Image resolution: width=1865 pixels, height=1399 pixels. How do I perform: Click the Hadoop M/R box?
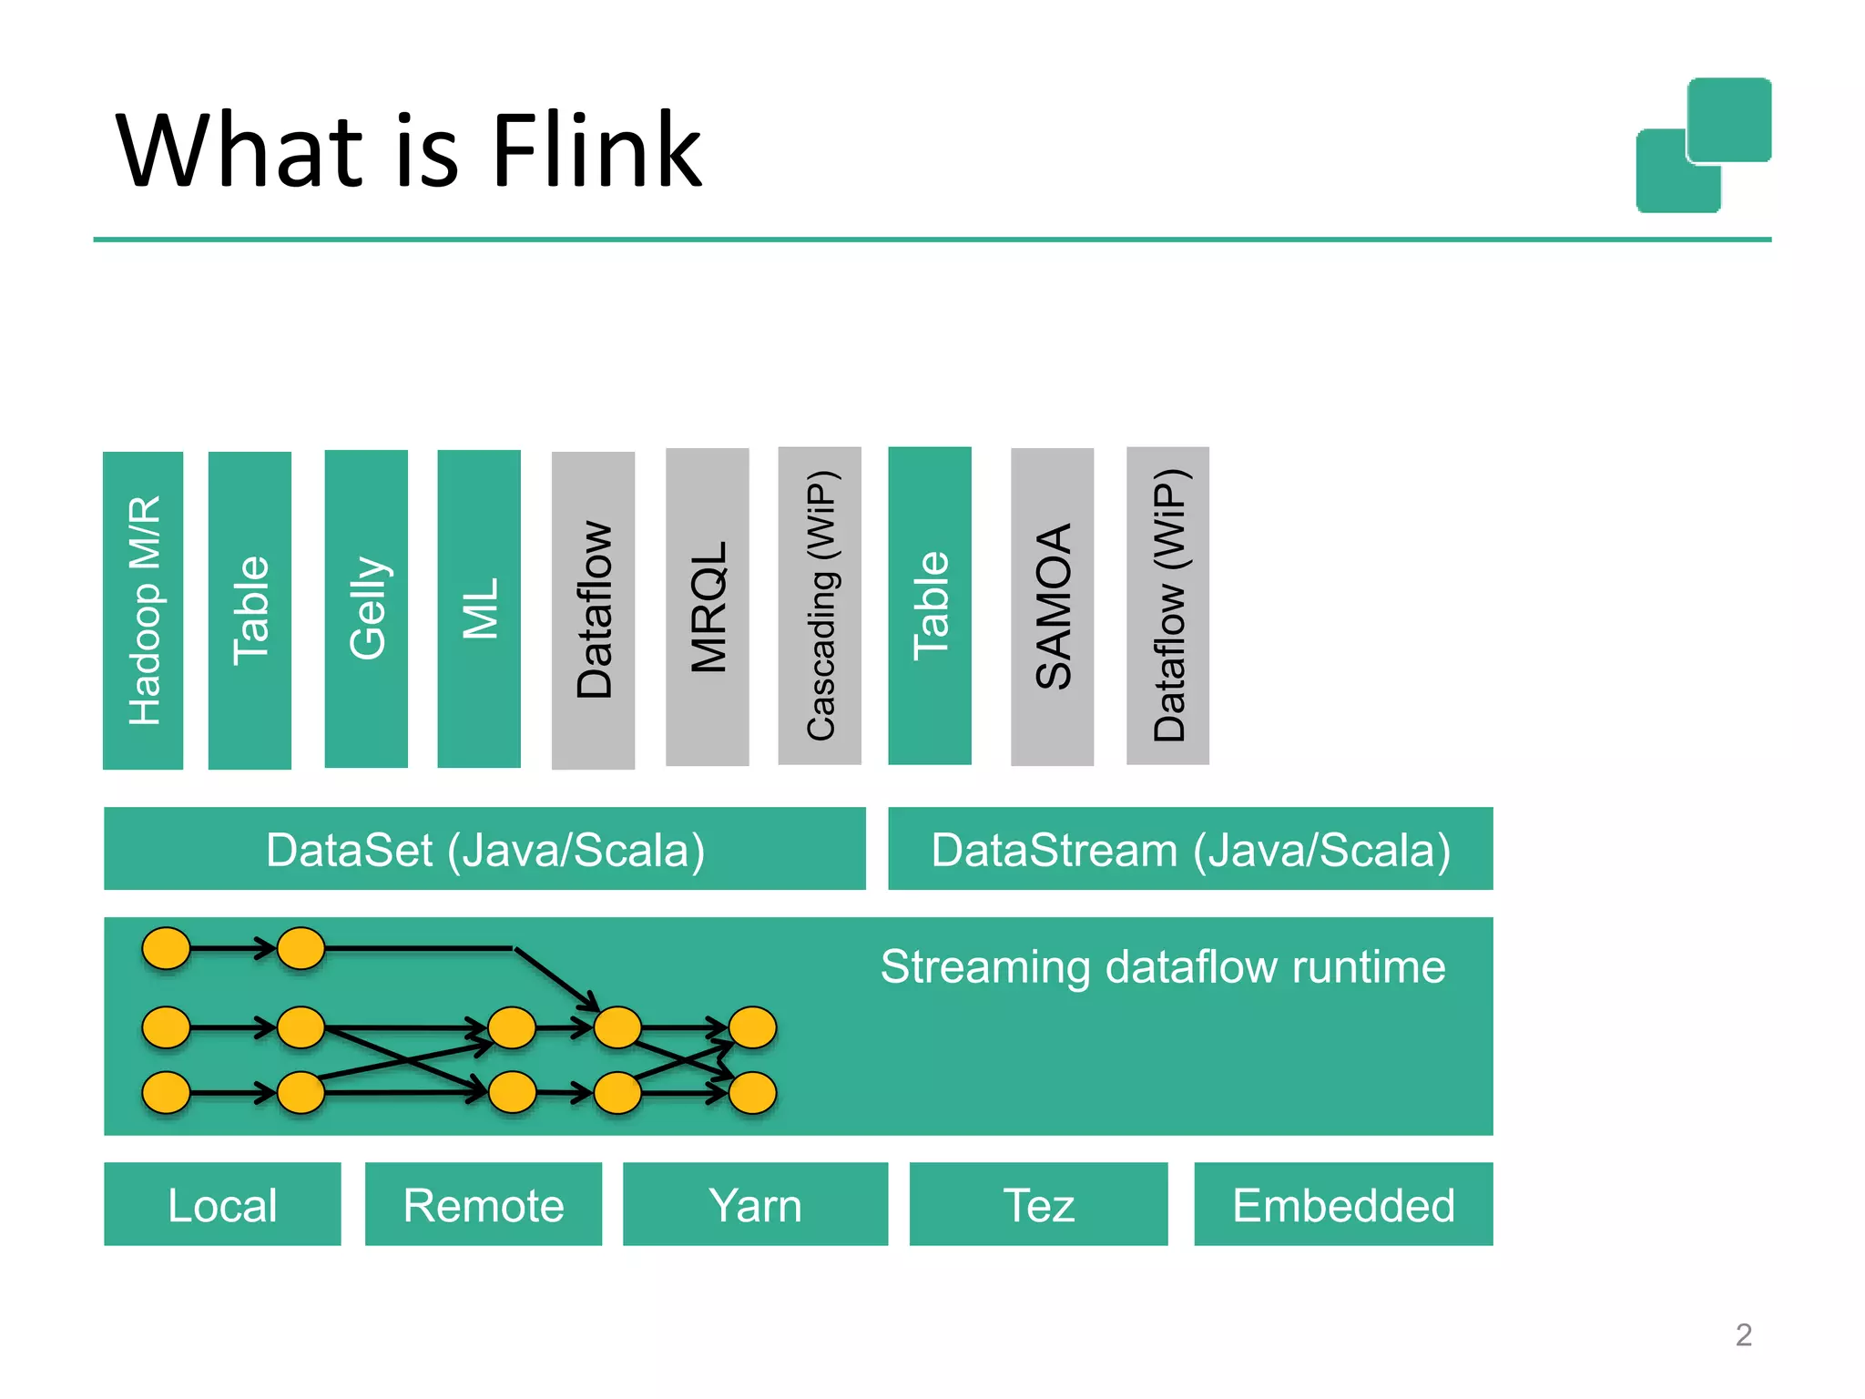143,610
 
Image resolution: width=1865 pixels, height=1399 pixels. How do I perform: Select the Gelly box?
366,609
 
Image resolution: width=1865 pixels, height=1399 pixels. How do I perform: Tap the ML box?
479,609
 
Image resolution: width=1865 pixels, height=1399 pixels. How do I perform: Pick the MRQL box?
708,608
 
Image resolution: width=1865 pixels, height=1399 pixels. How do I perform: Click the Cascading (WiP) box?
820,606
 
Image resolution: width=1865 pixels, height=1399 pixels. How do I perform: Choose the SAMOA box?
1052,608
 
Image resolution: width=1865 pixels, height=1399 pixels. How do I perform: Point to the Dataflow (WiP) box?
1167,606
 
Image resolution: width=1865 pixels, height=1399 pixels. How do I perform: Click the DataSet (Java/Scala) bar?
484,849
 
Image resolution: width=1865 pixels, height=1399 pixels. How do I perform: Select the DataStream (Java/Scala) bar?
1190,849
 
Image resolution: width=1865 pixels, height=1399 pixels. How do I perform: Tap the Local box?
222,1204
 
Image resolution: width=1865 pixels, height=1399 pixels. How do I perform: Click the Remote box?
484,1204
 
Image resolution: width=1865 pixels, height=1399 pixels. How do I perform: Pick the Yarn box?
755,1204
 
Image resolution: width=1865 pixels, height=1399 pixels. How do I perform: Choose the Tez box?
1038,1204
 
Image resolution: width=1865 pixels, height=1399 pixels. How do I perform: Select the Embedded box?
1343,1204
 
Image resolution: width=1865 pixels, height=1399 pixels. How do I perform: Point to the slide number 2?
1743,1335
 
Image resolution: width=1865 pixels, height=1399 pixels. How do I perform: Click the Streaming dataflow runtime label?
1163,967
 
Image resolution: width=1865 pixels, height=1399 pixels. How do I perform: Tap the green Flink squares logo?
1704,146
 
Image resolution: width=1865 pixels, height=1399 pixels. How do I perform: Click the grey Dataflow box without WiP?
593,610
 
